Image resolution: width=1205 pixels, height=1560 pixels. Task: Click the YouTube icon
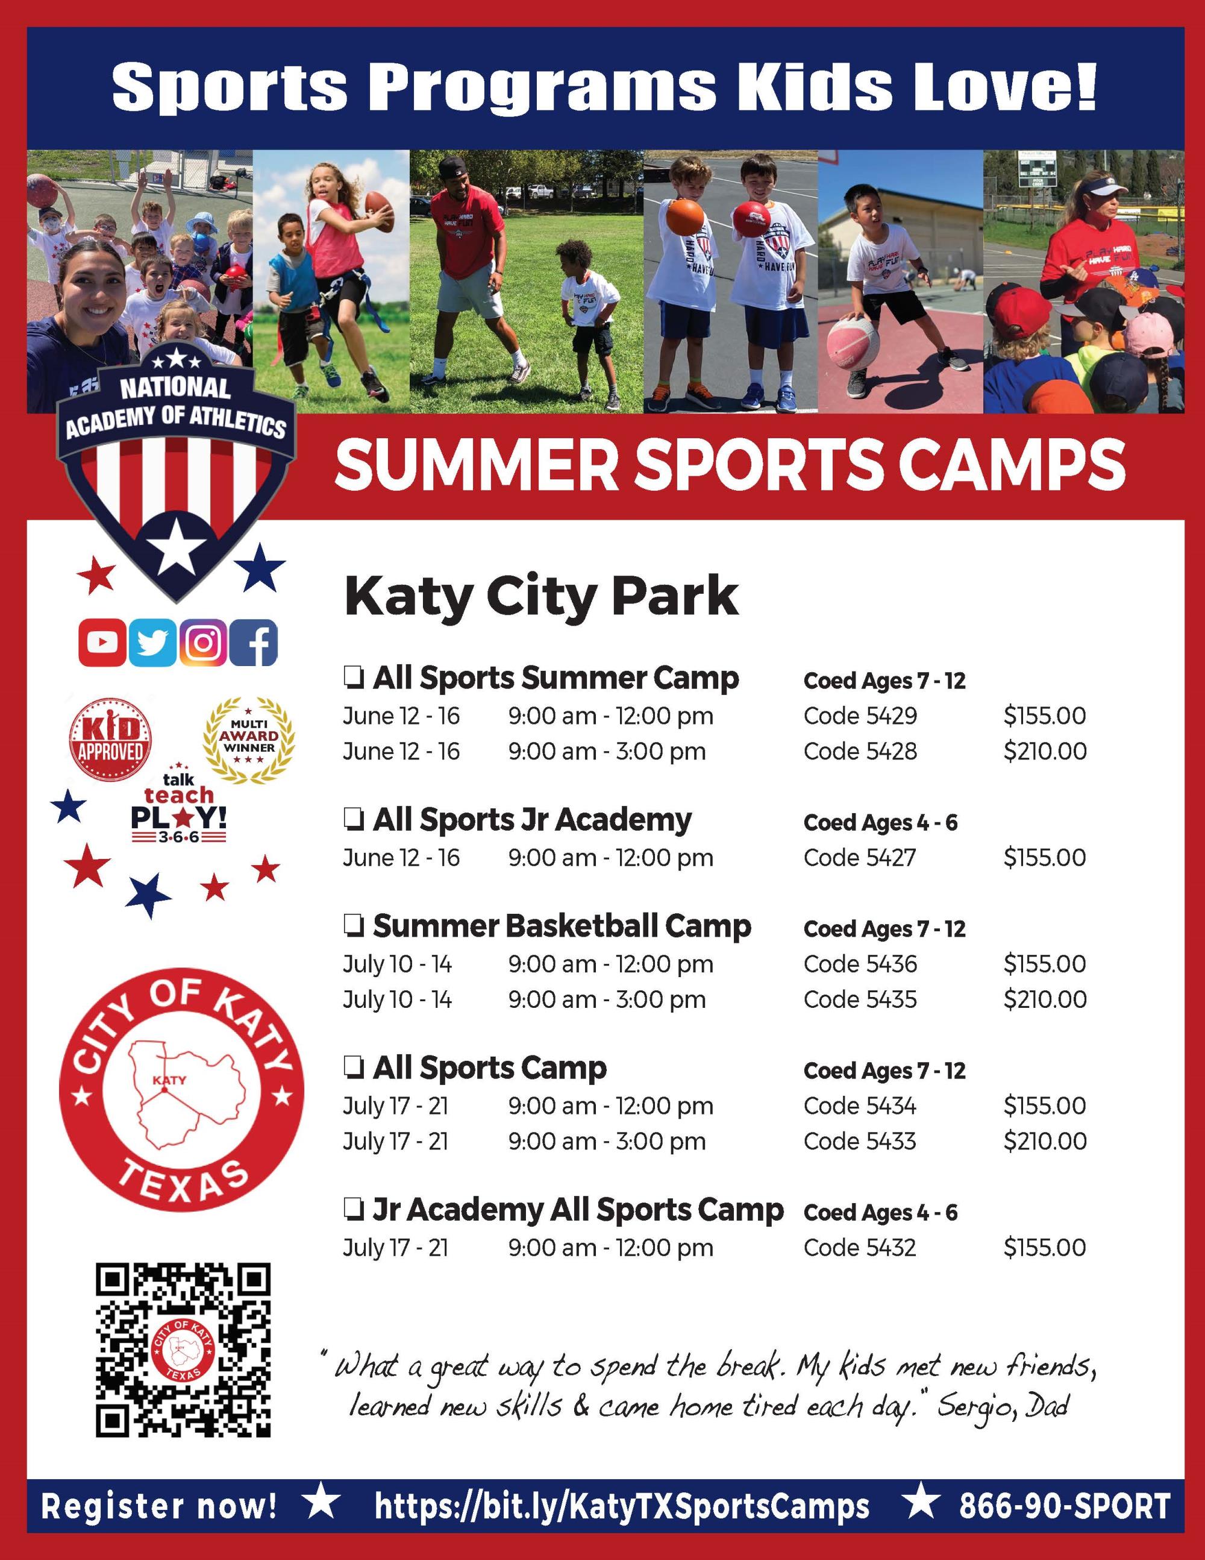[102, 642]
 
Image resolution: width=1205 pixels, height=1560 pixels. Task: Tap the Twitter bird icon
[152, 642]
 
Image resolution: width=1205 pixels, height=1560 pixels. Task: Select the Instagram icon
[202, 642]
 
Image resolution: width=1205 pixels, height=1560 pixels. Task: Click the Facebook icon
[254, 642]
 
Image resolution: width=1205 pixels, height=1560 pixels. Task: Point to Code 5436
[860, 964]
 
